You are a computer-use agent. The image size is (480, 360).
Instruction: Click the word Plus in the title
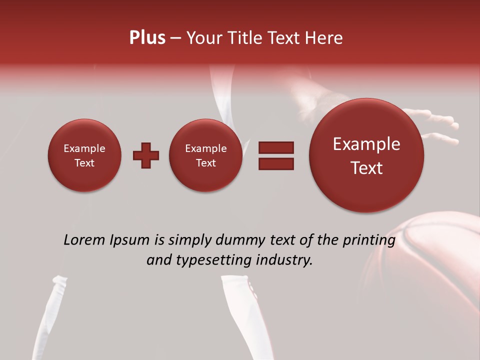tap(147, 38)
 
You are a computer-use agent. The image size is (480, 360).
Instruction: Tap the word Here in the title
tap(324, 38)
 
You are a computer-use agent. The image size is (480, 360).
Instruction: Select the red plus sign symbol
tap(146, 155)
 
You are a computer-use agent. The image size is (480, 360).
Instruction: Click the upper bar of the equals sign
tap(276, 147)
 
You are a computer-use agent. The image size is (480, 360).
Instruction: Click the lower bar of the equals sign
tap(276, 163)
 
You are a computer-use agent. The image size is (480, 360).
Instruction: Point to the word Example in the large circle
tap(366, 144)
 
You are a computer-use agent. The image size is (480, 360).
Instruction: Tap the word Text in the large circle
tap(366, 168)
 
